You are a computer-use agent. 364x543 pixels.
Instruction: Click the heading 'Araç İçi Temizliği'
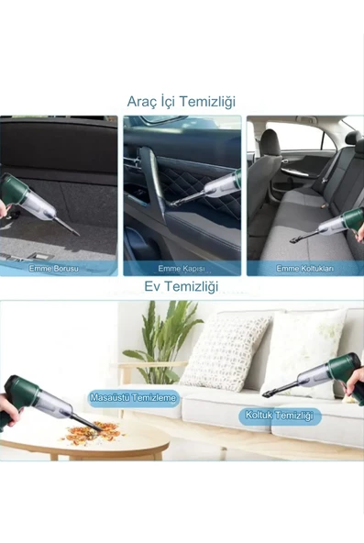tap(182, 102)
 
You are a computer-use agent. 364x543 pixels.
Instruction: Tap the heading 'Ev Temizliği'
tap(182, 288)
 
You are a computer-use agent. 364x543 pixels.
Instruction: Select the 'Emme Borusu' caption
tap(60, 268)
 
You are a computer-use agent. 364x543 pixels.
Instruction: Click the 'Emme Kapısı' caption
tap(181, 268)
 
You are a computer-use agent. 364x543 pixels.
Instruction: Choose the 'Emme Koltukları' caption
tap(303, 268)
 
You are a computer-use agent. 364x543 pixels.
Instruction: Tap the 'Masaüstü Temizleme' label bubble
tap(134, 398)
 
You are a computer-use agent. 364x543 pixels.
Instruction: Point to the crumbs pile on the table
tap(92, 430)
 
